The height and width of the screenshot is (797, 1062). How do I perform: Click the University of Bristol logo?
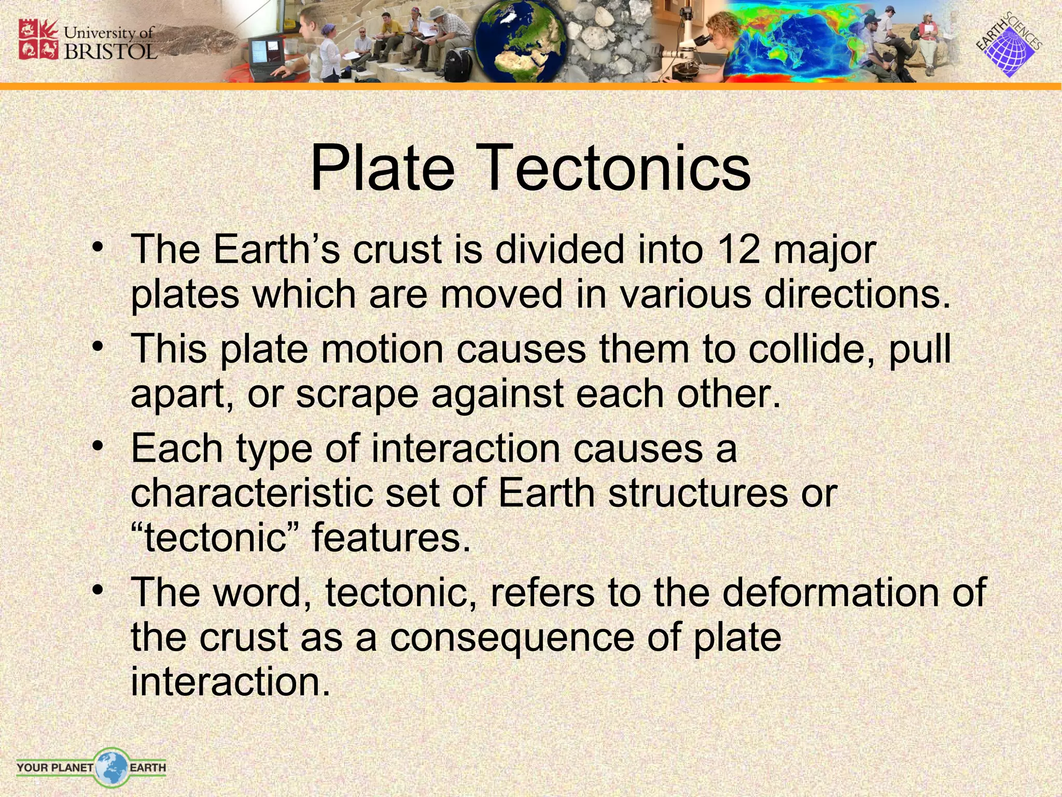(87, 40)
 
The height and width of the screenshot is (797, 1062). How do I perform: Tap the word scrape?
(357, 394)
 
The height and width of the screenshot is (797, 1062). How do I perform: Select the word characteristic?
(251, 493)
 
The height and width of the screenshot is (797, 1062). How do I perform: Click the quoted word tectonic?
(215, 538)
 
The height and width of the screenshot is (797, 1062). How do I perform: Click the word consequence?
(512, 638)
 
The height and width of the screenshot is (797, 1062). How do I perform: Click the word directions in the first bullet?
(858, 295)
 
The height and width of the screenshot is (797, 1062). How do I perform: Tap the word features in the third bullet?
(391, 538)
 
